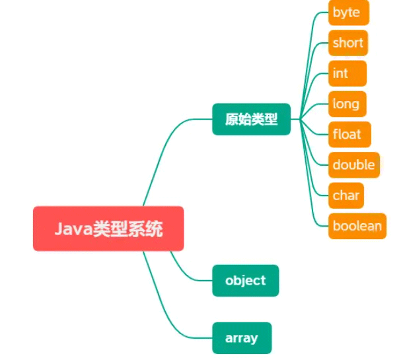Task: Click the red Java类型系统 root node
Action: click(108, 229)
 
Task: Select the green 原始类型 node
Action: click(251, 120)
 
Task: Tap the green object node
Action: click(245, 280)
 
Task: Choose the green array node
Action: click(241, 338)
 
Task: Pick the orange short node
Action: click(348, 43)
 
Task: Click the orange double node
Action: click(354, 164)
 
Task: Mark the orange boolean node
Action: click(357, 226)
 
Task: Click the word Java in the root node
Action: click(72, 229)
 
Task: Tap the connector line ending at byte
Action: click(313, 40)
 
